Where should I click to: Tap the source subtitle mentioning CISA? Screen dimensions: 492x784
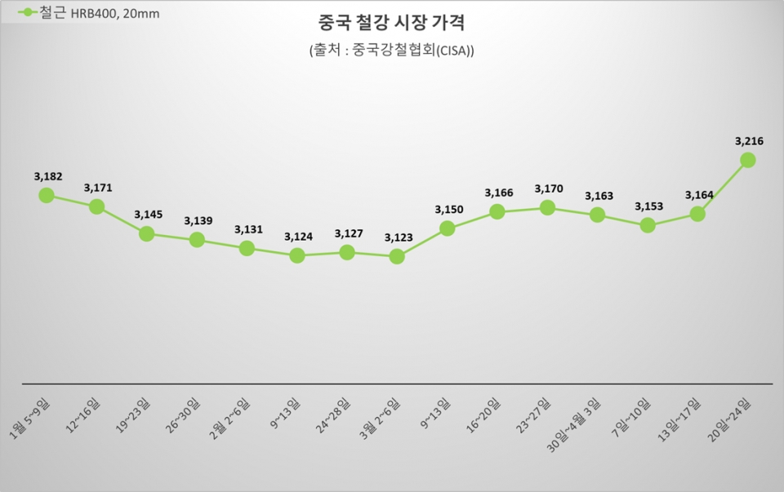tap(391, 51)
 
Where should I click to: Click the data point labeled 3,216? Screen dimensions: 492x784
tap(747, 160)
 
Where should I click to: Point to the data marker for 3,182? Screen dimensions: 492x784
tap(47, 195)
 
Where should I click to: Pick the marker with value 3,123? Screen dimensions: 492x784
tap(397, 256)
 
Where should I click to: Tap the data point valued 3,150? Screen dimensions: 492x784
tap(447, 228)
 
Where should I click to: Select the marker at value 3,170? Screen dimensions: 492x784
tap(547, 207)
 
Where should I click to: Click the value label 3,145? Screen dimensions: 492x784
tap(148, 215)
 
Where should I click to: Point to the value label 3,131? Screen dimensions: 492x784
tap(248, 229)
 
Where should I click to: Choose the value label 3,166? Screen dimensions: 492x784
tap(498, 193)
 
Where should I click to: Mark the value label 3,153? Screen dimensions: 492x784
tap(648, 206)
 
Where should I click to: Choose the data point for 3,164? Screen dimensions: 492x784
tap(697, 214)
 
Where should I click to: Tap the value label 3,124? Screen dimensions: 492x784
tap(298, 237)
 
